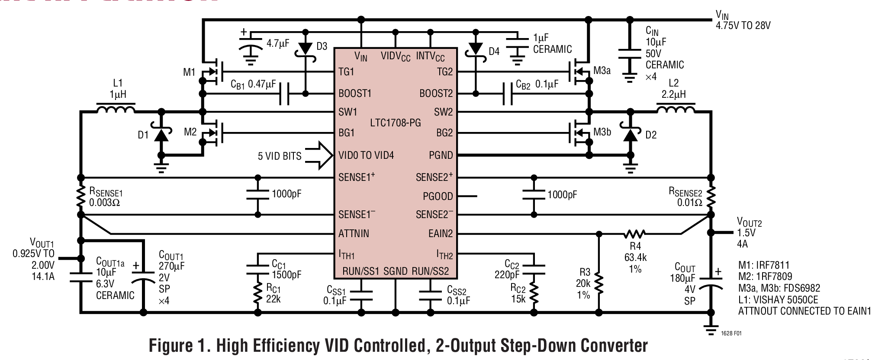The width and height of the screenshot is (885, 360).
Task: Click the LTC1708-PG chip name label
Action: tap(395, 123)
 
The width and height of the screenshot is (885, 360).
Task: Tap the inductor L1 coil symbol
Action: tap(116, 109)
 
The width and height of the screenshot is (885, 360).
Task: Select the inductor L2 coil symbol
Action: tap(676, 109)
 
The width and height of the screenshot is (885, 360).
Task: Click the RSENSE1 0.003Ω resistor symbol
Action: tap(80, 196)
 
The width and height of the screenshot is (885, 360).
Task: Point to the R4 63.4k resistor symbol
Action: tap(634, 234)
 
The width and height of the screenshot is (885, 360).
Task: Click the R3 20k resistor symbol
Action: tap(599, 282)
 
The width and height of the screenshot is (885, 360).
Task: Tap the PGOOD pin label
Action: tap(438, 196)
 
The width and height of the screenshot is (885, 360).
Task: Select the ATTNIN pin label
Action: tap(354, 234)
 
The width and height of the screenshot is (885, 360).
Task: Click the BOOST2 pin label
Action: tap(436, 93)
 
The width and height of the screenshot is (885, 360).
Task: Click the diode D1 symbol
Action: tap(161, 135)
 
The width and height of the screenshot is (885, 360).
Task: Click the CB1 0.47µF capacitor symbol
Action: tap(284, 94)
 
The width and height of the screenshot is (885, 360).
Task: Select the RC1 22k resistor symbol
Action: tap(258, 293)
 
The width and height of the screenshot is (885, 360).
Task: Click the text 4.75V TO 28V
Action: tap(743, 26)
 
